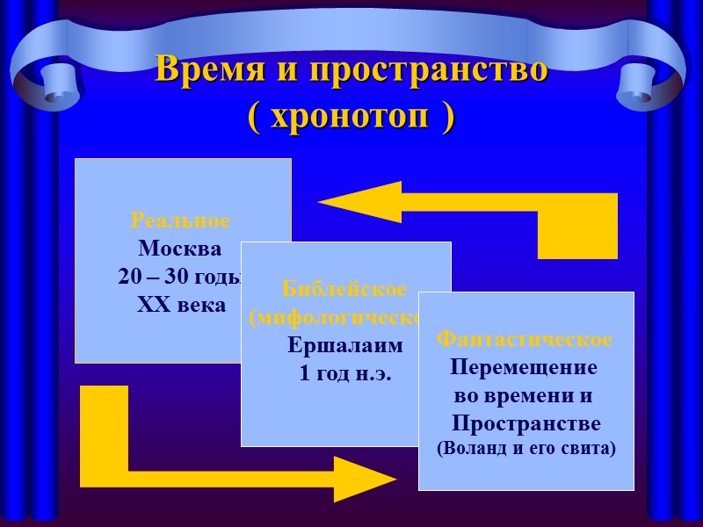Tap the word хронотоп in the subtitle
pos(351,117)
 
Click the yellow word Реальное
pos(180,220)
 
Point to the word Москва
pos(180,248)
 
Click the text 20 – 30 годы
pos(179,277)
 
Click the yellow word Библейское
pos(344,289)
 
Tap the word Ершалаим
pos(345,345)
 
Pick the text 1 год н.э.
pos(345,373)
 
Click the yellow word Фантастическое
pos(525,339)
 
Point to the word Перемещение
pos(525,367)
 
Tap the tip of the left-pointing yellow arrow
pos(322,203)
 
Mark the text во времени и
pos(525,395)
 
